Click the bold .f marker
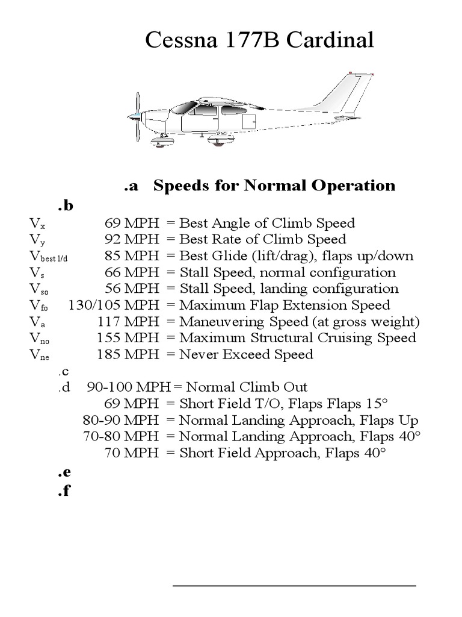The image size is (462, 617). (x=64, y=491)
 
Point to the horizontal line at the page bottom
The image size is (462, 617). (x=294, y=585)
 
